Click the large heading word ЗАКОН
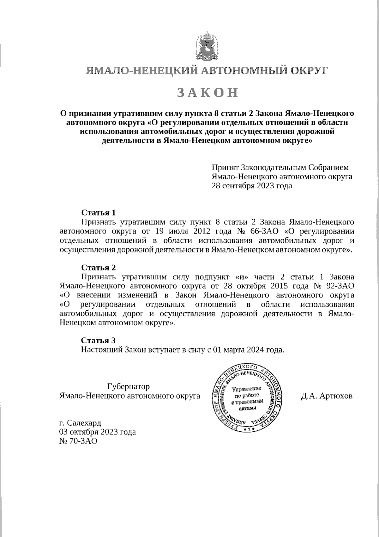pos(207,92)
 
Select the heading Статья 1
pos(99,212)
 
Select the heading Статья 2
pos(99,268)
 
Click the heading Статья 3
pos(99,340)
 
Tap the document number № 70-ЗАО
pos(78,441)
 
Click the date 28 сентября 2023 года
pos(252,185)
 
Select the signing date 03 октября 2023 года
pos(98,432)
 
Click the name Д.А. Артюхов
pos(327,396)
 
